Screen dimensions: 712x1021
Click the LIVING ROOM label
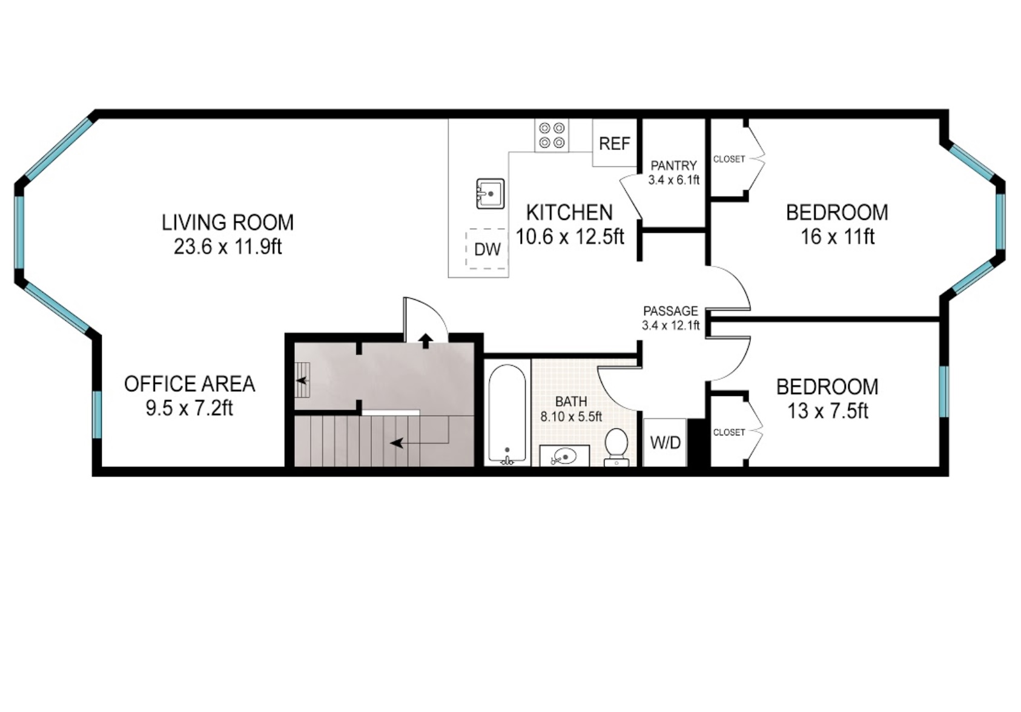tap(228, 223)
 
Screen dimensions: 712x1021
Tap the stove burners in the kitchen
tap(551, 136)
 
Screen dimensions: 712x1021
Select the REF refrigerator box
tap(614, 143)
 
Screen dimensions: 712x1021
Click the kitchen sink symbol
tap(490, 194)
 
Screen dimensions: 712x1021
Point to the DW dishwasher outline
tap(487, 248)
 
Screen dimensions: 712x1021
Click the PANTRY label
tap(673, 165)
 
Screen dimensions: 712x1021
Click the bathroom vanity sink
tap(564, 456)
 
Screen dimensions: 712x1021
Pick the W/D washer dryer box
tap(665, 443)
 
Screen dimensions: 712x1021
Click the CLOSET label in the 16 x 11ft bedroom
tap(729, 159)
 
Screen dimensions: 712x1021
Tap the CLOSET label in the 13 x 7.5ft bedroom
tap(729, 432)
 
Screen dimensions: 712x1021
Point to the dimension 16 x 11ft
tap(837, 237)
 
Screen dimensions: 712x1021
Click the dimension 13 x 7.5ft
tap(827, 411)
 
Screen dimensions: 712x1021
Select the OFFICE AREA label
tap(190, 384)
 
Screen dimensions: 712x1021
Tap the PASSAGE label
tap(670, 311)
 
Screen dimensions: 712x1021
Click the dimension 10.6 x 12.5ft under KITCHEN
tap(569, 237)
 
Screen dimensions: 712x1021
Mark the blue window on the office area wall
tap(97, 414)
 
